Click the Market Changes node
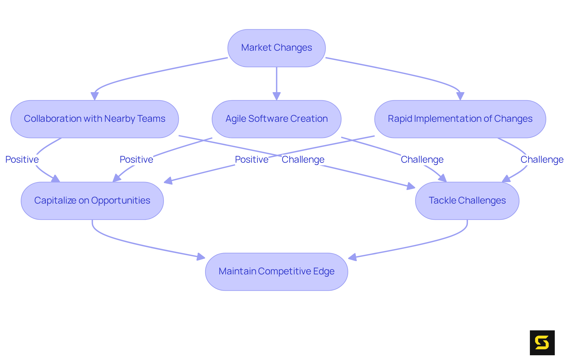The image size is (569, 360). [x=276, y=48]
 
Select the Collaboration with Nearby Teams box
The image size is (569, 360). [x=94, y=119]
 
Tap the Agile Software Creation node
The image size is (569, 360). [x=276, y=119]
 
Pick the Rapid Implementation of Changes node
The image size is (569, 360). [x=460, y=119]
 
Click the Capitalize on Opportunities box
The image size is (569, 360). [x=92, y=201]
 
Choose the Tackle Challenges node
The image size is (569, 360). [x=467, y=201]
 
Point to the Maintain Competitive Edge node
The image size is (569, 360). [x=276, y=271]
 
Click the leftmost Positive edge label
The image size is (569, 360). [x=22, y=160]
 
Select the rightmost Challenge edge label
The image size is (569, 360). [x=542, y=160]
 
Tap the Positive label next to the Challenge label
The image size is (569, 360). [x=251, y=160]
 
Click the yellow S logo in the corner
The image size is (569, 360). [x=542, y=343]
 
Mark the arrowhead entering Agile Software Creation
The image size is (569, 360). [x=276, y=96]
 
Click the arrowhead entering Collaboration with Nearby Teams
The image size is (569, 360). [x=95, y=96]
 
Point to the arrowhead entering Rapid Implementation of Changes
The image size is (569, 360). [x=460, y=96]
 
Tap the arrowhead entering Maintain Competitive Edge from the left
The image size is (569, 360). [x=201, y=257]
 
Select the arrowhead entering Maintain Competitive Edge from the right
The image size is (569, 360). [x=352, y=257]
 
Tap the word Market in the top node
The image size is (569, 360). [x=256, y=48]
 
